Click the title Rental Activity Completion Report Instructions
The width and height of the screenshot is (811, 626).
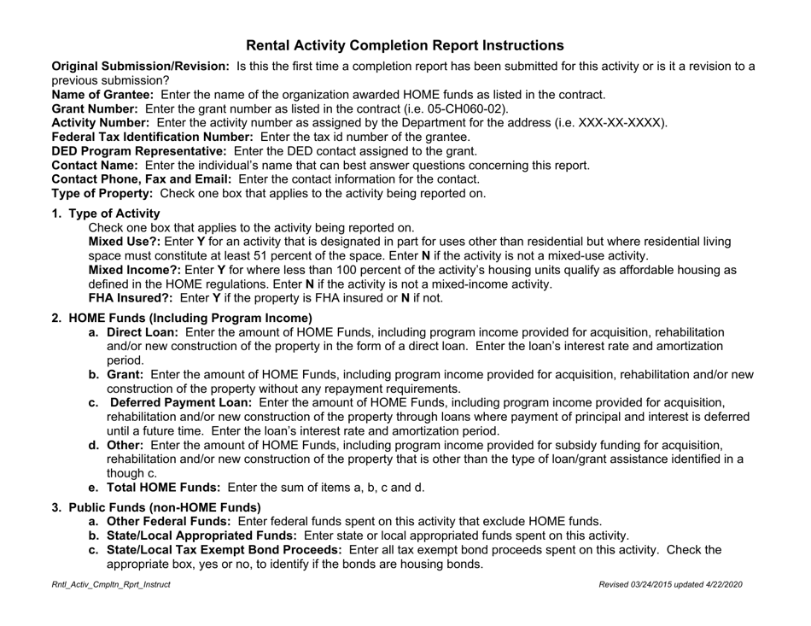click(405, 45)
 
